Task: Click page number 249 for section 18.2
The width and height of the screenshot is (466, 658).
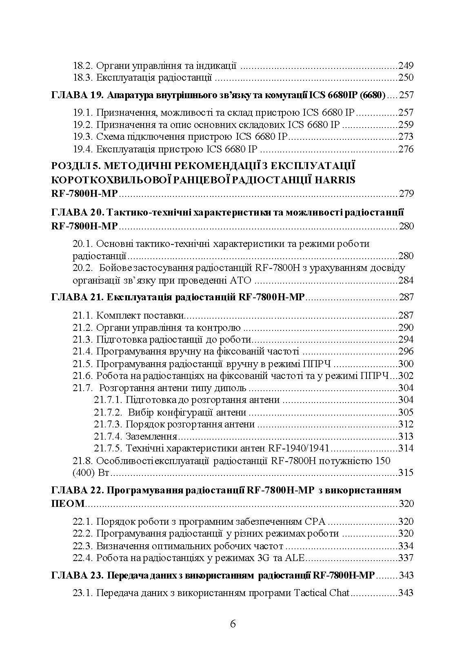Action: coord(406,66)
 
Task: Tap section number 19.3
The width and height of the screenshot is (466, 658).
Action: coord(83,137)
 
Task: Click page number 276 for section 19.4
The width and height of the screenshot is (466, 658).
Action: coord(406,149)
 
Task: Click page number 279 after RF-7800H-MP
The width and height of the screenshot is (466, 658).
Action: coord(406,193)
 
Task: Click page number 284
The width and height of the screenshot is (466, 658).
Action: coord(406,280)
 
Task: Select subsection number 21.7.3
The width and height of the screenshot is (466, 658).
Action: coord(108,425)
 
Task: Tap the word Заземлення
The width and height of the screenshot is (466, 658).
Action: coord(151,437)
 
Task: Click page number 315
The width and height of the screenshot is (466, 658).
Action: coord(406,473)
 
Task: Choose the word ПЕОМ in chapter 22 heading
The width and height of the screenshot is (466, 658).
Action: coord(68,504)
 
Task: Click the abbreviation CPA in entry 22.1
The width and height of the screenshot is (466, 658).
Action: coord(316,522)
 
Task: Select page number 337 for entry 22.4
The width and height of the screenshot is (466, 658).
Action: coord(406,558)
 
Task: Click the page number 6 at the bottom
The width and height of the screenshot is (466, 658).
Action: coord(233,624)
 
